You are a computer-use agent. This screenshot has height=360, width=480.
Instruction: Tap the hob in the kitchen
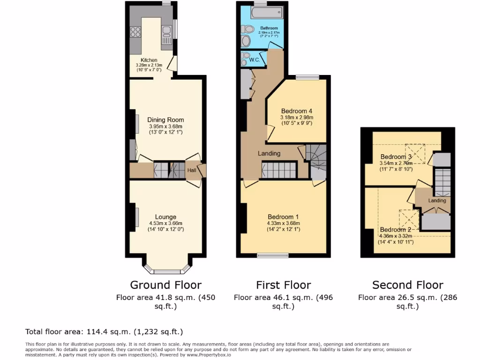coord(135,32)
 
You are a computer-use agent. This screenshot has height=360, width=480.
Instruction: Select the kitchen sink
coord(166,32)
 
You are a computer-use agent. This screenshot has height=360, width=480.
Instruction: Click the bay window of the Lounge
coord(166,270)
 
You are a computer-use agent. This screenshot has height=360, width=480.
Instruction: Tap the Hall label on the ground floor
coord(192,171)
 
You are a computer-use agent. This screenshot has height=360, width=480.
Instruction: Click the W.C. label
coord(255,60)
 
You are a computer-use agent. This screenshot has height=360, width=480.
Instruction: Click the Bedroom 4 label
coord(296,111)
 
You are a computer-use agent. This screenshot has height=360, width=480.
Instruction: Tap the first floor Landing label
coord(269,153)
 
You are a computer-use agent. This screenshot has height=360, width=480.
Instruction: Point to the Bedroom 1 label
coord(283,217)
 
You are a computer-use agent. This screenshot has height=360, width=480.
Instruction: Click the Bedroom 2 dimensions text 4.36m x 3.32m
coord(396,236)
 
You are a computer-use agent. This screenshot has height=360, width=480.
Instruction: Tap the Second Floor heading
coord(407,285)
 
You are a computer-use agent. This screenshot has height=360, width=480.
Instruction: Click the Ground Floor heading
coord(165,285)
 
